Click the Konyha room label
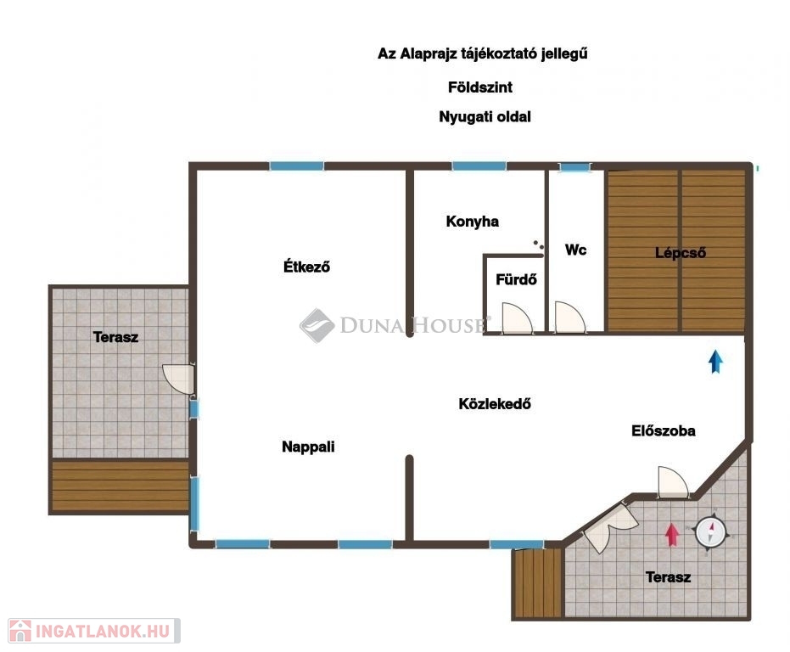pos(472,222)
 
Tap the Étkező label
pos(306,267)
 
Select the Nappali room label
pos(308,447)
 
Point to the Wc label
pos(576,250)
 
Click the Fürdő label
pos(516,279)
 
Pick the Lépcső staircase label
pos(681,253)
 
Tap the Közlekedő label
pos(494,403)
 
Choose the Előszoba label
pos(663,430)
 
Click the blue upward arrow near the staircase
pos(715,362)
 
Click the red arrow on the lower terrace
pos(671,535)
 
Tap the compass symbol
pos(710,532)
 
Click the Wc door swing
pos(570,318)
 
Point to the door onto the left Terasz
pos(178,378)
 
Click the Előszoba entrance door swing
pos(673,482)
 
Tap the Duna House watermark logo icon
pos(317,326)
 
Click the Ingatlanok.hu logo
pos(94,631)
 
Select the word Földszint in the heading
pos(480,87)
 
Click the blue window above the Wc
pos(574,167)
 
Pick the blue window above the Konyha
pos(479,166)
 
